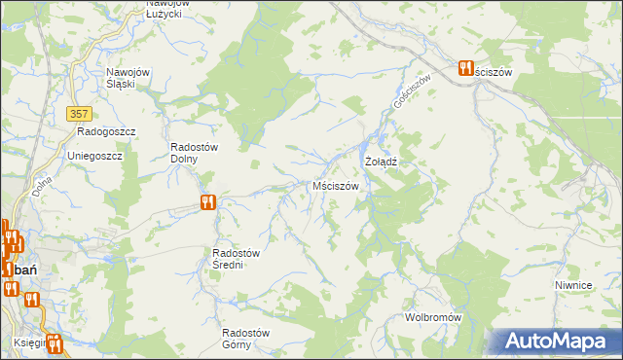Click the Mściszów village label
(336, 186)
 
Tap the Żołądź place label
(381, 161)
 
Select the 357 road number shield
(80, 114)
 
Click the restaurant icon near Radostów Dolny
(207, 202)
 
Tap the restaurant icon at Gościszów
(465, 68)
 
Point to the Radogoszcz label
(106, 131)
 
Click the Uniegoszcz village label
(93, 156)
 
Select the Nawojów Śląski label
(131, 78)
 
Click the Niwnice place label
(573, 285)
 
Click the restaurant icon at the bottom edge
(55, 343)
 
